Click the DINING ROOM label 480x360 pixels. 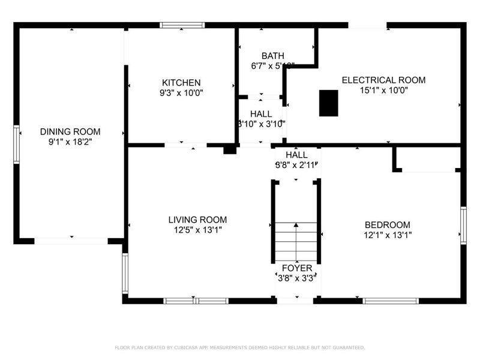point(70,131)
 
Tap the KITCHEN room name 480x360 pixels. point(181,83)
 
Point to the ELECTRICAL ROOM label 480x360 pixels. point(383,80)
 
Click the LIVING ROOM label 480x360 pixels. point(197,220)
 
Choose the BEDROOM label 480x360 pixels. point(388,224)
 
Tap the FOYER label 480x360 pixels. point(296,268)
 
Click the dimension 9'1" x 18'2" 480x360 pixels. point(70,142)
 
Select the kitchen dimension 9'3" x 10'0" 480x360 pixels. point(181,94)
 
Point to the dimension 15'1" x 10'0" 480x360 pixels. point(383,91)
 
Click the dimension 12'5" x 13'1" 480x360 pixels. point(197,230)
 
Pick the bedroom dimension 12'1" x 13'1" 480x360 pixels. point(388,235)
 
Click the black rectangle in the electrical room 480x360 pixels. point(328,103)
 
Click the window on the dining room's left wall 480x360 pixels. point(17,144)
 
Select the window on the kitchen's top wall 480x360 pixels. point(182,25)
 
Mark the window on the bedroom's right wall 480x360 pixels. point(463,225)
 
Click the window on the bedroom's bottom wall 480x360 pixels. point(391,301)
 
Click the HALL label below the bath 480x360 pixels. point(261,113)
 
